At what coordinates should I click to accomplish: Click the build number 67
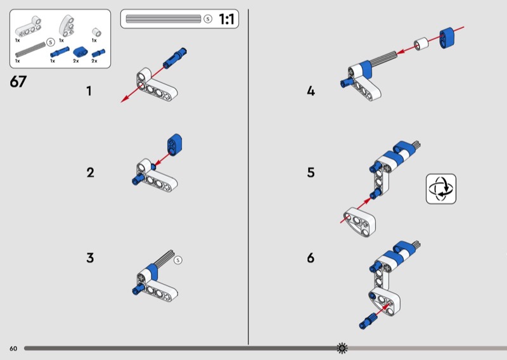(x=18, y=82)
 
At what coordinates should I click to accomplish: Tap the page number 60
(x=13, y=349)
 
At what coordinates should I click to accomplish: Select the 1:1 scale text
(x=226, y=19)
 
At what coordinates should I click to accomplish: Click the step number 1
(x=89, y=91)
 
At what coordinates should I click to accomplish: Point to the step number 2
(x=90, y=172)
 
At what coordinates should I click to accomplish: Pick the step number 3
(x=90, y=258)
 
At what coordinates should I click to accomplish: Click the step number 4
(x=311, y=91)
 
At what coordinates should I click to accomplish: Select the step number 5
(x=311, y=172)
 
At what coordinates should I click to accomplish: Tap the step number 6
(x=311, y=258)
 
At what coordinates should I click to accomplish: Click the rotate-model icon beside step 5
(x=441, y=189)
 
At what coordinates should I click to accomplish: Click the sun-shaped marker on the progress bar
(x=342, y=348)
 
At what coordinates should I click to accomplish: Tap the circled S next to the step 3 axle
(x=178, y=260)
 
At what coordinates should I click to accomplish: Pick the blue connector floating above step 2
(x=174, y=145)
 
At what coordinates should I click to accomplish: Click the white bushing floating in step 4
(x=421, y=44)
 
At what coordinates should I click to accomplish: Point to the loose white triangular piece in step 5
(x=359, y=222)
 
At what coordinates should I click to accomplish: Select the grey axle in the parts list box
(x=30, y=49)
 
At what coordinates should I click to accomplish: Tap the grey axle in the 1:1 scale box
(x=164, y=19)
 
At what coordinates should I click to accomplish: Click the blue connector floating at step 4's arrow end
(x=447, y=38)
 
